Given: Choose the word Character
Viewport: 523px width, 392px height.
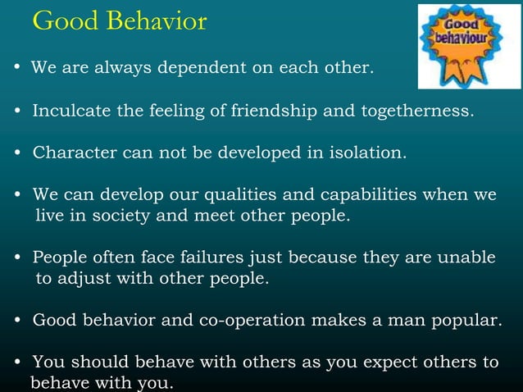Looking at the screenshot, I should click(70, 153).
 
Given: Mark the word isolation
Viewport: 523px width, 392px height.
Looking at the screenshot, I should click(366, 153).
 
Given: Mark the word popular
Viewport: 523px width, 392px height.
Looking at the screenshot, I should click(462, 319).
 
